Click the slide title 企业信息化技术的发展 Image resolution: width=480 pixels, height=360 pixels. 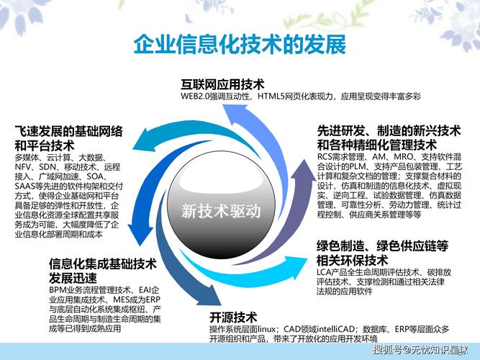[x=240, y=43]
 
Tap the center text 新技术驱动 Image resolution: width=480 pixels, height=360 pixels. [x=221, y=212]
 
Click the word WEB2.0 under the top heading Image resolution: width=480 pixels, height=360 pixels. [x=194, y=96]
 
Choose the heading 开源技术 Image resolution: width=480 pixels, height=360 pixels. [x=233, y=317]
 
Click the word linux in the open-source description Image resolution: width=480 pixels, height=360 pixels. [x=268, y=329]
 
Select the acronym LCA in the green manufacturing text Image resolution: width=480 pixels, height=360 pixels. [x=325, y=273]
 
